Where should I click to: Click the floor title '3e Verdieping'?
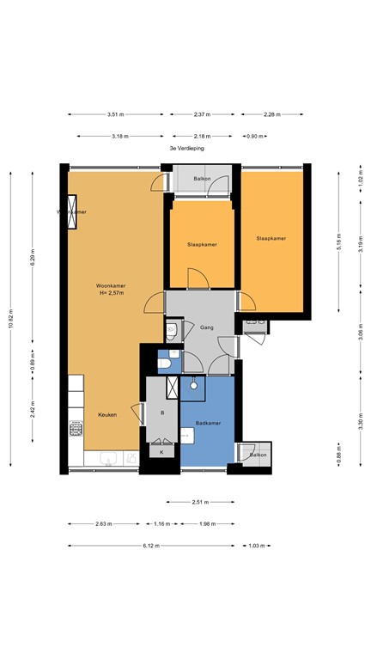[186, 149]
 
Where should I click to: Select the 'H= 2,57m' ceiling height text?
[111, 293]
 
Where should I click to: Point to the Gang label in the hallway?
[207, 327]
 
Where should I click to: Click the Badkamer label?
[209, 424]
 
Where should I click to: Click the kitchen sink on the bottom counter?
[106, 461]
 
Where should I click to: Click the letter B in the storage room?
[162, 413]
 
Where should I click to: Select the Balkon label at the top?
[202, 179]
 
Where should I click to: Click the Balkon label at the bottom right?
[258, 455]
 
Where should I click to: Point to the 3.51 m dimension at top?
[116, 114]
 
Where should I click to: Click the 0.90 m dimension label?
[255, 136]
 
